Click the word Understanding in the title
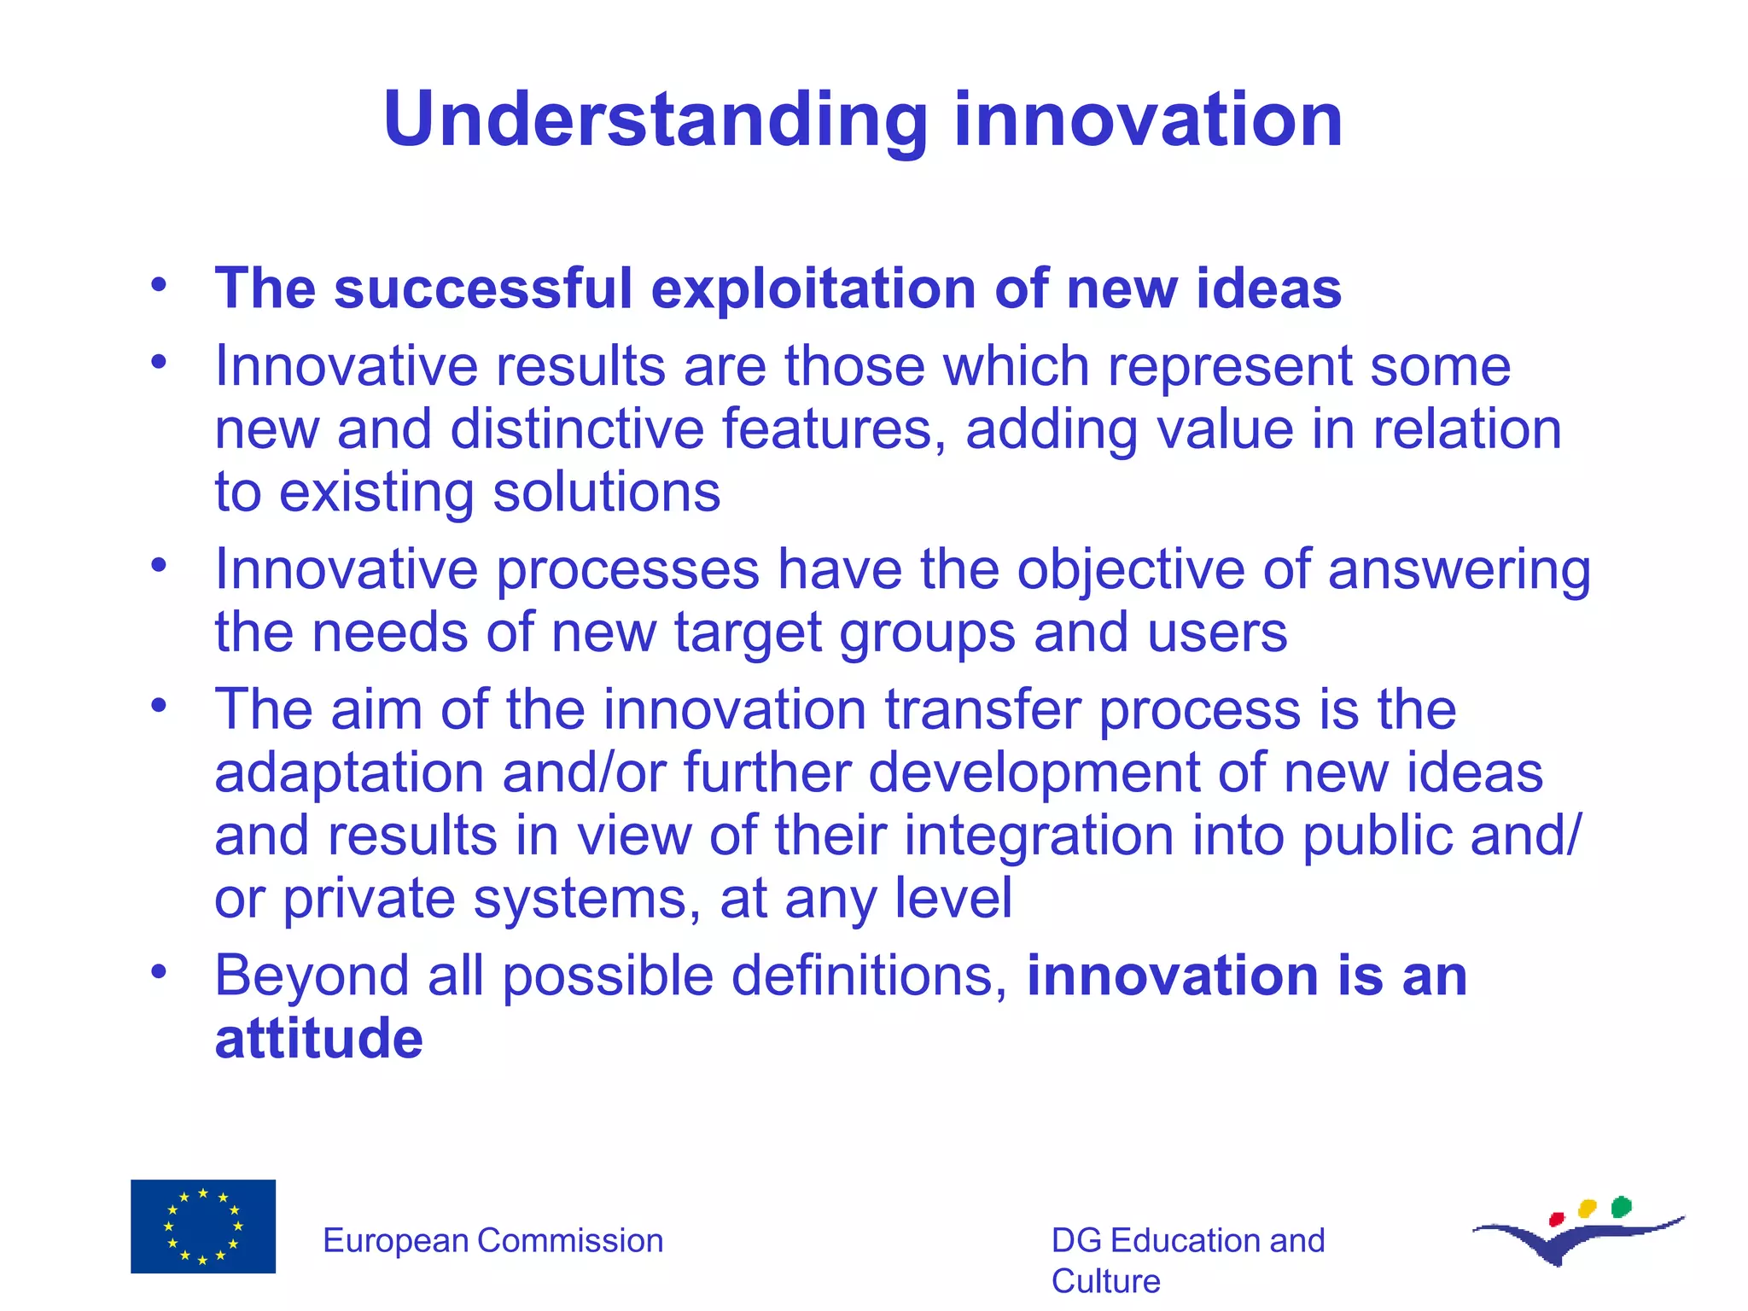click(x=655, y=119)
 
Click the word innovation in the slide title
click(x=1148, y=119)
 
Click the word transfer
click(x=982, y=710)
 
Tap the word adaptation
click(x=349, y=773)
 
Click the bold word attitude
click(x=318, y=1039)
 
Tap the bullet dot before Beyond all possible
click(x=158, y=971)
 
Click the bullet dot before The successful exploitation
click(x=158, y=285)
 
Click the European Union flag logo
click(x=203, y=1226)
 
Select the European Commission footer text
click(x=492, y=1240)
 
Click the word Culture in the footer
click(x=1105, y=1281)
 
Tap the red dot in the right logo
click(x=1556, y=1219)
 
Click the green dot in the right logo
click(x=1621, y=1207)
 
